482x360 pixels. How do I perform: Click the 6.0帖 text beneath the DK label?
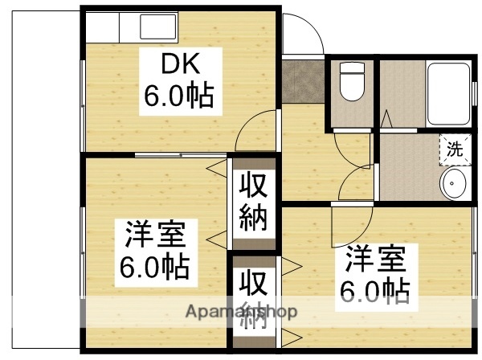pos(178,96)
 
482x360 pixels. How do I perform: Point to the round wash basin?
pos(454,186)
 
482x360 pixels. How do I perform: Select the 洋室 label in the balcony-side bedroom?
pos(155,236)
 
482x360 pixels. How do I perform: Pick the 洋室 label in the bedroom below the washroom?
pos(375,261)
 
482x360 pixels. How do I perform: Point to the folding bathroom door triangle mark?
pos(387,118)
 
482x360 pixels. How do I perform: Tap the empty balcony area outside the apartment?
pos(40,177)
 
